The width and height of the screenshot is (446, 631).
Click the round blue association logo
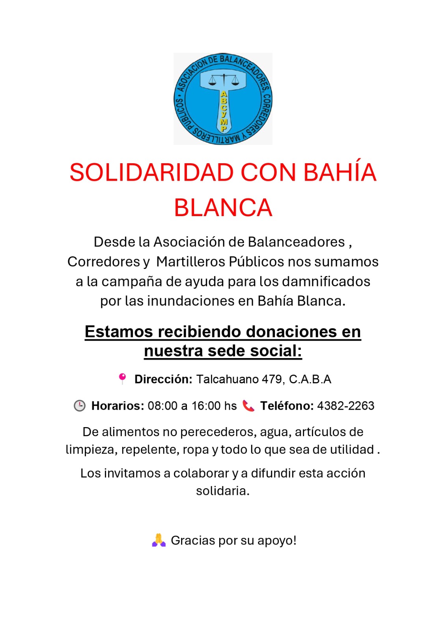coord(223,99)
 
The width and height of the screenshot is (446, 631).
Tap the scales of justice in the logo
coord(224,80)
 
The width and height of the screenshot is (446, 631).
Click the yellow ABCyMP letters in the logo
coord(224,111)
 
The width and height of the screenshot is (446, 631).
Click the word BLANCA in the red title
coord(223,208)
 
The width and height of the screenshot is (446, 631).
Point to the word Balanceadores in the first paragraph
coord(296,242)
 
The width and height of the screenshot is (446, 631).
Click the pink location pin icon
coord(122,378)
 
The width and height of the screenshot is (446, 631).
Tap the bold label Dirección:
coord(163,379)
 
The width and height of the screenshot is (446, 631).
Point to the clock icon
coord(80,405)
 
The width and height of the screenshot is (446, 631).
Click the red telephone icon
coord(248,405)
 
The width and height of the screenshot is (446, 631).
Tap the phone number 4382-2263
coord(345,406)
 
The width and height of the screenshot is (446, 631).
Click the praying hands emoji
coord(159,540)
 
